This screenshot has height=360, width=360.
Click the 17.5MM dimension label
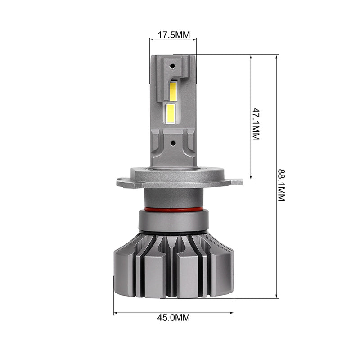coord(174,35)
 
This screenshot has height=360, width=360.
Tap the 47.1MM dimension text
coord(256,124)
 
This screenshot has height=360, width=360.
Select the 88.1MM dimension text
coord(282,185)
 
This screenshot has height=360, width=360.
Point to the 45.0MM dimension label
coord(174,318)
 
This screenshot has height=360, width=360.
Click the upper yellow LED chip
coord(173,91)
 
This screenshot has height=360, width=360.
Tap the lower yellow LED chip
coord(171,113)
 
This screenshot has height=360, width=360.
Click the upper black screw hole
coord(172,66)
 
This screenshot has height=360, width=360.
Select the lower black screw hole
coord(173,144)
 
